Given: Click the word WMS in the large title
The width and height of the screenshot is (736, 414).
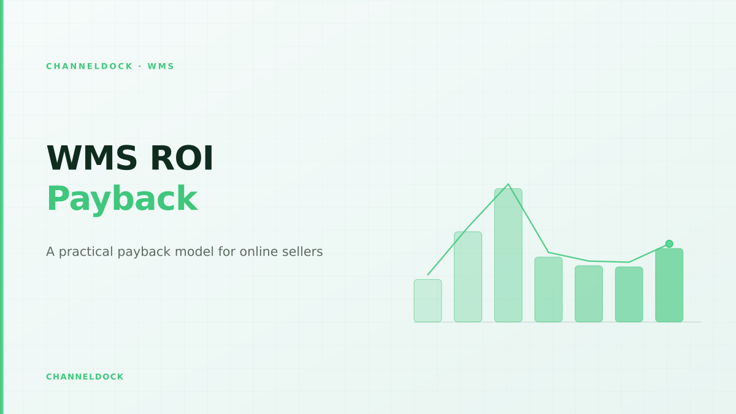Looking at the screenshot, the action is [92, 158].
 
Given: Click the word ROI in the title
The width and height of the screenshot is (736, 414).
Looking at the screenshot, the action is [182, 158].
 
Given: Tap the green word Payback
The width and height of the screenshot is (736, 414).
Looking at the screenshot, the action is [122, 199].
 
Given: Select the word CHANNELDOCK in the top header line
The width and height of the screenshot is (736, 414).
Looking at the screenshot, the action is [89, 66].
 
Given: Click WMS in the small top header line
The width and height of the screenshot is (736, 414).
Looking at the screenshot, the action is [161, 66].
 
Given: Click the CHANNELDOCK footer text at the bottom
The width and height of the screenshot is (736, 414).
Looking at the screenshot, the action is [85, 377].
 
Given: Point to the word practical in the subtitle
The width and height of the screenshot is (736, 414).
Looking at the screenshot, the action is [86, 252].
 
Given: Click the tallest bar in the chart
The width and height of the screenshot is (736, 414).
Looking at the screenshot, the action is [508, 255].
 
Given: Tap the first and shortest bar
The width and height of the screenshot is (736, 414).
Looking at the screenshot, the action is [428, 301].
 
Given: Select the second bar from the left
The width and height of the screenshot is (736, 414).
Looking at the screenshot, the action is [468, 277].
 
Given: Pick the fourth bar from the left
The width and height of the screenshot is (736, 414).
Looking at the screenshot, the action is [548, 289].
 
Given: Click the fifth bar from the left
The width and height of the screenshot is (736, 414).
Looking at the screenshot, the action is [589, 294].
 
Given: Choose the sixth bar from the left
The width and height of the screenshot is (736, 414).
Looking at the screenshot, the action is [629, 294].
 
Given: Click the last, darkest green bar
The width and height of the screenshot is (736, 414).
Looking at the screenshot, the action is [669, 285].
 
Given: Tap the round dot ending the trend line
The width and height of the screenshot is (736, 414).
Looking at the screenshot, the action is [669, 244].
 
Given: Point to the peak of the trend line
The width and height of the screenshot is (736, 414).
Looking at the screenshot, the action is [508, 184].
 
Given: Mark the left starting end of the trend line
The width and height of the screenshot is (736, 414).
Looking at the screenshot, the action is [428, 275].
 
